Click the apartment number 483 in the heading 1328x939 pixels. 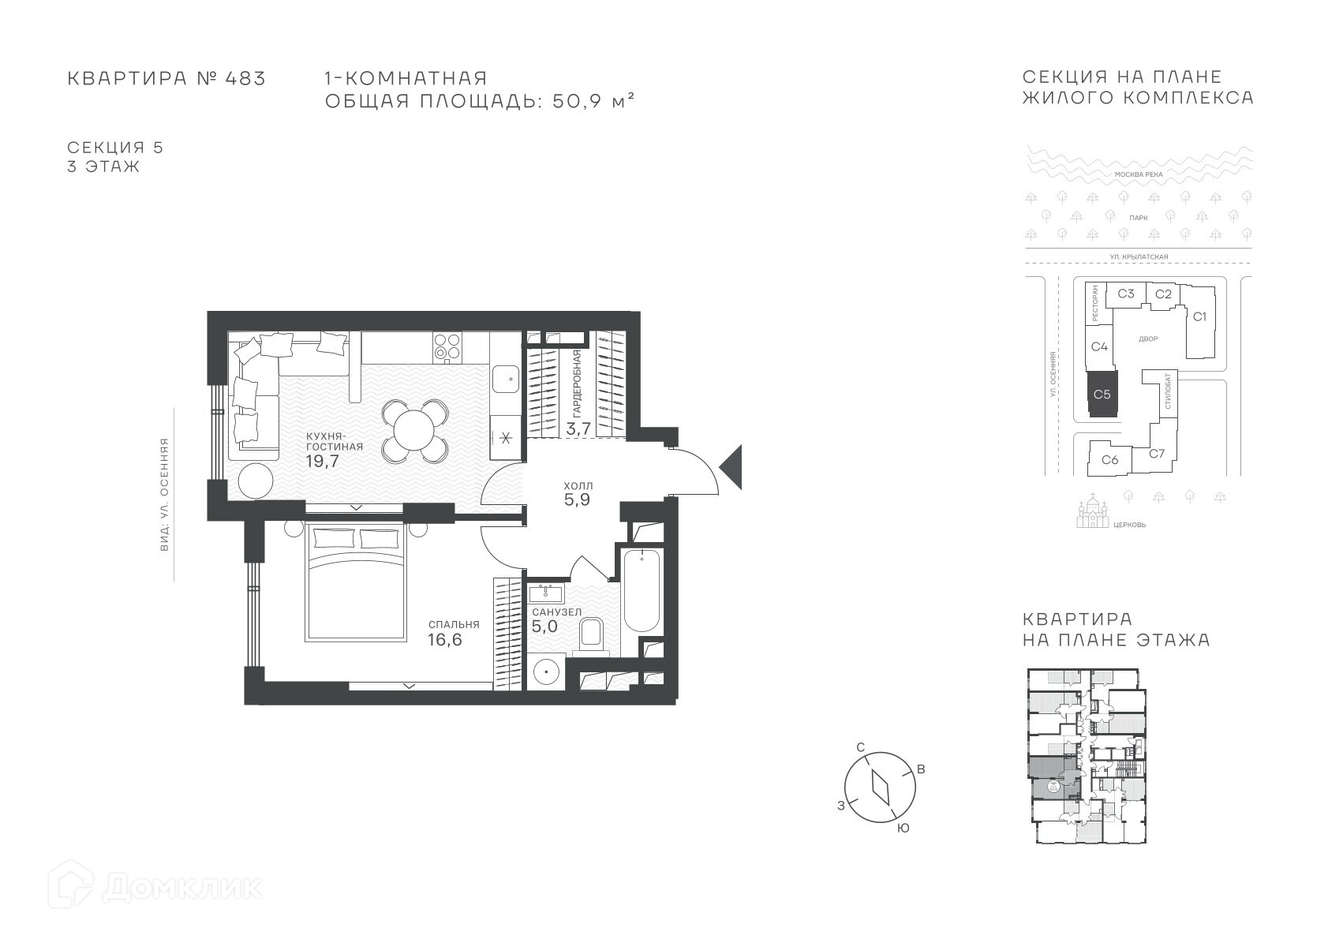245,78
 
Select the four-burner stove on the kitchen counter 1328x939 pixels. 447,347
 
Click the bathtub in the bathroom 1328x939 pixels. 642,590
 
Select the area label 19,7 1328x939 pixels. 323,461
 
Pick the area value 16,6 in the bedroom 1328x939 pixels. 445,640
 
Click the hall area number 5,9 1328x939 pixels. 577,500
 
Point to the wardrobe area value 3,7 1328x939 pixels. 578,428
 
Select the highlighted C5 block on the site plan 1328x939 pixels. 1102,395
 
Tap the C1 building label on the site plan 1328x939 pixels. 1199,317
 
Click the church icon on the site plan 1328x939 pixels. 1093,511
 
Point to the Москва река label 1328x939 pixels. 1139,175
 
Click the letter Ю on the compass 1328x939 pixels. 903,829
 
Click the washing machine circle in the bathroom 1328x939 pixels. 544,672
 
